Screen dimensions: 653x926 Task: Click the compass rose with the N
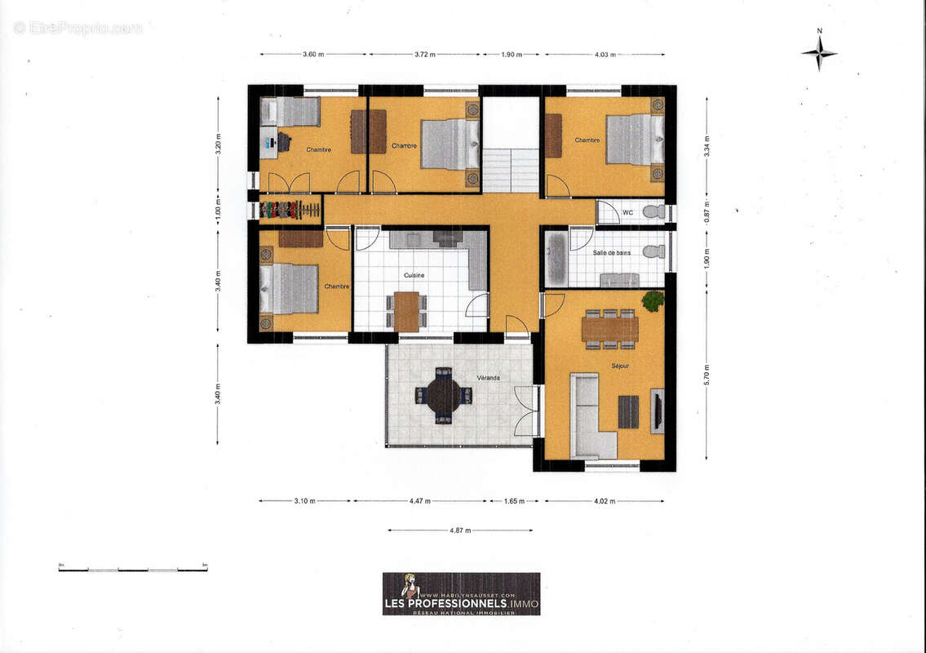click(819, 53)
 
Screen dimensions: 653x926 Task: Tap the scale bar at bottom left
click(132, 568)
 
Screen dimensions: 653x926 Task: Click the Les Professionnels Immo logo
click(461, 593)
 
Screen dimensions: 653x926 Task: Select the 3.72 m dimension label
click(424, 55)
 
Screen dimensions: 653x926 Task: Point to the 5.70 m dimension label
click(707, 374)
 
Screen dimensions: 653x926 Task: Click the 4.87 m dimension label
click(461, 531)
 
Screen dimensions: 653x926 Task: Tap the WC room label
click(627, 212)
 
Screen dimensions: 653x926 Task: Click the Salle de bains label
click(611, 253)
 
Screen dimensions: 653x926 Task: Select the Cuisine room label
click(413, 276)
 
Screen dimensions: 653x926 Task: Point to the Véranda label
click(489, 379)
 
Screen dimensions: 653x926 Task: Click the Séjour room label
click(620, 366)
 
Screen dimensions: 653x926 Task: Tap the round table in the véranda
click(444, 396)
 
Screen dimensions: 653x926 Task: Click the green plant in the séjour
click(653, 300)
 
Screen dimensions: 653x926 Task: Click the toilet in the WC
click(654, 212)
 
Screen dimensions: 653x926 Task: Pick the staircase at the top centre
click(510, 169)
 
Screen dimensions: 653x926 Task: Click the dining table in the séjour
click(609, 329)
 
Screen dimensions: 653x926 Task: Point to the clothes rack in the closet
click(290, 210)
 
